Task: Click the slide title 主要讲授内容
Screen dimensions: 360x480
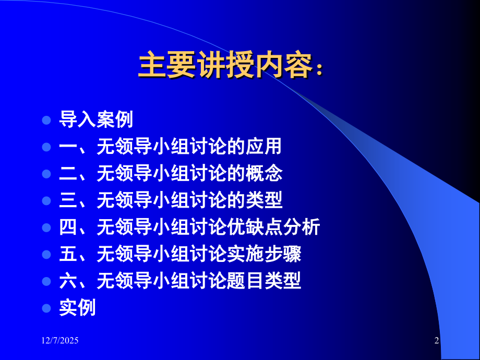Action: pyautogui.click(x=230, y=66)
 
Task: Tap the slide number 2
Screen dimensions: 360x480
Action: pyautogui.click(x=437, y=341)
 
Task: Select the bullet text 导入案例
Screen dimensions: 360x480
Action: pyautogui.click(x=96, y=120)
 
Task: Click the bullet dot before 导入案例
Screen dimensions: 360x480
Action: pyautogui.click(x=46, y=120)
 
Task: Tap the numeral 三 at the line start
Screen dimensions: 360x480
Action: pyautogui.click(x=68, y=201)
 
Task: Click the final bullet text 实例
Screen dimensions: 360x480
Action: pyautogui.click(x=77, y=308)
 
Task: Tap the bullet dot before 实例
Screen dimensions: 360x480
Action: pyautogui.click(x=46, y=308)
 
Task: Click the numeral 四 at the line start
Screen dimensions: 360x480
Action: pyautogui.click(x=68, y=227)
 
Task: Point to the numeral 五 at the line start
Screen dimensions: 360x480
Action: pyautogui.click(x=68, y=255)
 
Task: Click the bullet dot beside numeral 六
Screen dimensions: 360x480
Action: pyautogui.click(x=46, y=282)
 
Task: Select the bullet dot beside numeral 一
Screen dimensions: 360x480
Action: pyautogui.click(x=46, y=147)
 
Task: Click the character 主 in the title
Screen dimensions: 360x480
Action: pyautogui.click(x=152, y=66)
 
